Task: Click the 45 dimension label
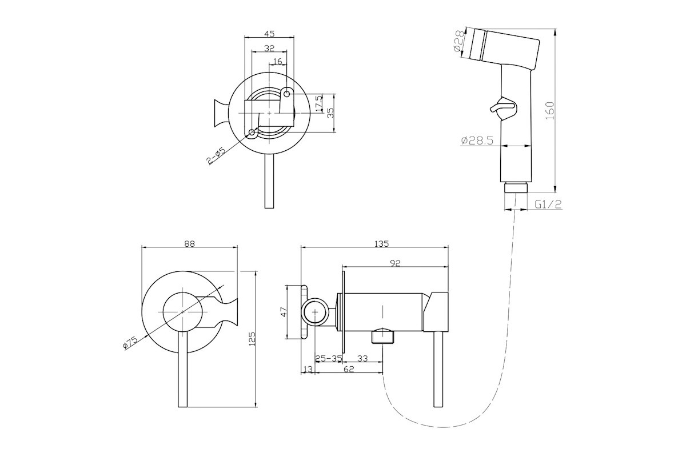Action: pos(269,34)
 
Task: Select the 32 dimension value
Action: pos(269,48)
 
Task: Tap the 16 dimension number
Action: pos(277,61)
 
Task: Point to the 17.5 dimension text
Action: pos(319,103)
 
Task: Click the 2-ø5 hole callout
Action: pos(216,157)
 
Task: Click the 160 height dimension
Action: pos(551,111)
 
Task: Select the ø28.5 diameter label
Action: pos(477,141)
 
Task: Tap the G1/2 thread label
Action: pos(548,204)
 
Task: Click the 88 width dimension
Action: pos(189,244)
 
